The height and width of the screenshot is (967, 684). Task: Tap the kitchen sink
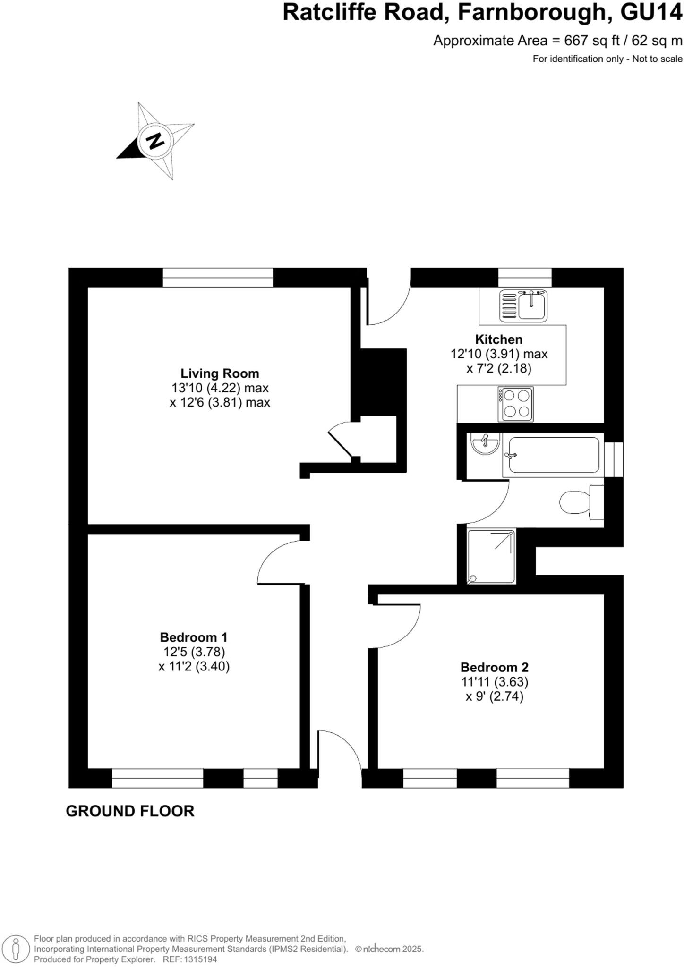pyautogui.click(x=523, y=305)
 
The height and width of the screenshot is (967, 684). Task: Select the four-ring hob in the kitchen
pyautogui.click(x=515, y=404)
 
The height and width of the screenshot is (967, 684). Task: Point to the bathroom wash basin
pyautogui.click(x=485, y=444)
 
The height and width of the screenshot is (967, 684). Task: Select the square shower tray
pyautogui.click(x=491, y=556)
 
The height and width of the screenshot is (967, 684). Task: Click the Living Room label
pyautogui.click(x=220, y=373)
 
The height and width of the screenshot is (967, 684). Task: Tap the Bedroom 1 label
pyautogui.click(x=194, y=637)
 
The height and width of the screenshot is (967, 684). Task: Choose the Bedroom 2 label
pyautogui.click(x=494, y=667)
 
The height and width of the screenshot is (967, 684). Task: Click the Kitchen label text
pyautogui.click(x=498, y=339)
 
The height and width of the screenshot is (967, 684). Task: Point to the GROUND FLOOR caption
pyautogui.click(x=130, y=811)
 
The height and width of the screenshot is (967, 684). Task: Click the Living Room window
pyautogui.click(x=218, y=277)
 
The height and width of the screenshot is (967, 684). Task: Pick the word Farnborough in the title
pyautogui.click(x=531, y=13)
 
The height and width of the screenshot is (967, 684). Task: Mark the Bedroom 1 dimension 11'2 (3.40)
pyautogui.click(x=194, y=667)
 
